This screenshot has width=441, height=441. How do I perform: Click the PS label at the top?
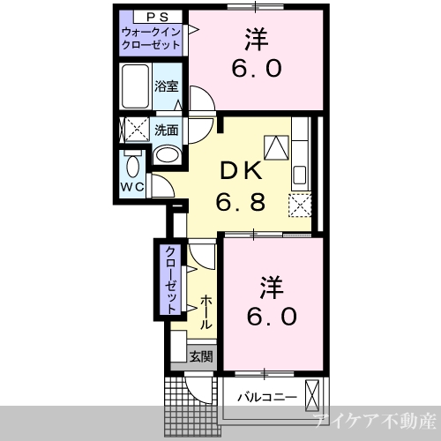[157, 18]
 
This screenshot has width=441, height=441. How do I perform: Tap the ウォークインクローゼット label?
[151, 38]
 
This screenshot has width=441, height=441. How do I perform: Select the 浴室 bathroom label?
[167, 86]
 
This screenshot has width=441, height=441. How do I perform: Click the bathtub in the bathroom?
[135, 86]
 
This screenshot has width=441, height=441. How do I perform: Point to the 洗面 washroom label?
[167, 131]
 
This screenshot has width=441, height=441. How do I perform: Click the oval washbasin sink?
[167, 154]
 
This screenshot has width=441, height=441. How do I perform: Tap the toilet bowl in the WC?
[133, 165]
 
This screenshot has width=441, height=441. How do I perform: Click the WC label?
[133, 186]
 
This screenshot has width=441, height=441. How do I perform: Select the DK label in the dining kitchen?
[241, 170]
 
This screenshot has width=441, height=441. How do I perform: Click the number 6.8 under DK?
[241, 202]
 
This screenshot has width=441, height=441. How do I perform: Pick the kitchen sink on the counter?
[300, 175]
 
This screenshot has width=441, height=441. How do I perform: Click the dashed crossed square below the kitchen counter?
[300, 206]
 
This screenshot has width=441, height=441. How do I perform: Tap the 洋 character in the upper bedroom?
[257, 40]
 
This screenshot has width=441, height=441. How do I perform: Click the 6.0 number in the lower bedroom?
[272, 316]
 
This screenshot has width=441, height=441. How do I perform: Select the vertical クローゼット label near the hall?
[171, 280]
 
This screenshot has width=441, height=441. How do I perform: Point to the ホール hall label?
[206, 311]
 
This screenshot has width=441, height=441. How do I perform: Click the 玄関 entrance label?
[201, 356]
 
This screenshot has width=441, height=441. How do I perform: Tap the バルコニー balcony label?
[267, 398]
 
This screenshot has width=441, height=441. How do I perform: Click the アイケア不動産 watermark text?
[374, 421]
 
